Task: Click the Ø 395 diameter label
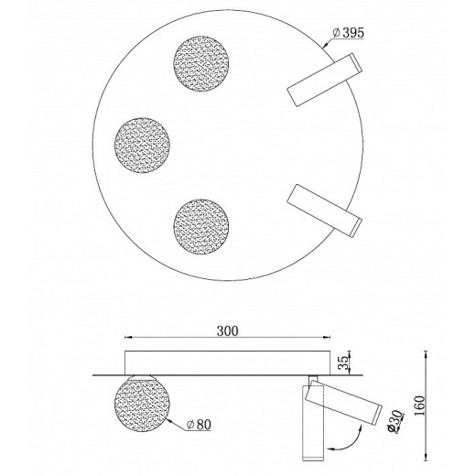pos(348,33)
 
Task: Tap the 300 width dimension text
pos(227,330)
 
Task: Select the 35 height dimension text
pos(344,362)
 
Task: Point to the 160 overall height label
pos(419,406)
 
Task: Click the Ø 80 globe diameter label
pos(199,425)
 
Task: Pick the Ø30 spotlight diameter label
pos(395,421)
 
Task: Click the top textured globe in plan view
pos(201,63)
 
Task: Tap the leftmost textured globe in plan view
pos(142,145)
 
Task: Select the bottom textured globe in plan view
pos(201,227)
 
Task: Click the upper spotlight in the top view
pos(324,80)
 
